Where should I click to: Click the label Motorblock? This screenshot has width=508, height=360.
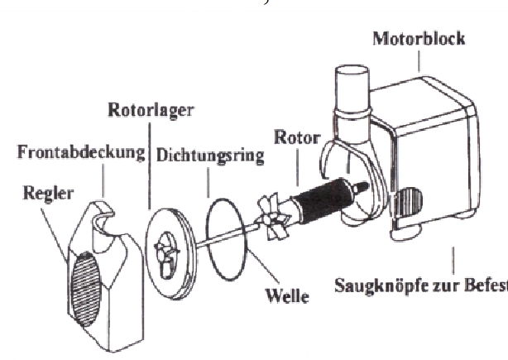(418, 38)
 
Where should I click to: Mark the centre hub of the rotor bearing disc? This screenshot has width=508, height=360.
(165, 249)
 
